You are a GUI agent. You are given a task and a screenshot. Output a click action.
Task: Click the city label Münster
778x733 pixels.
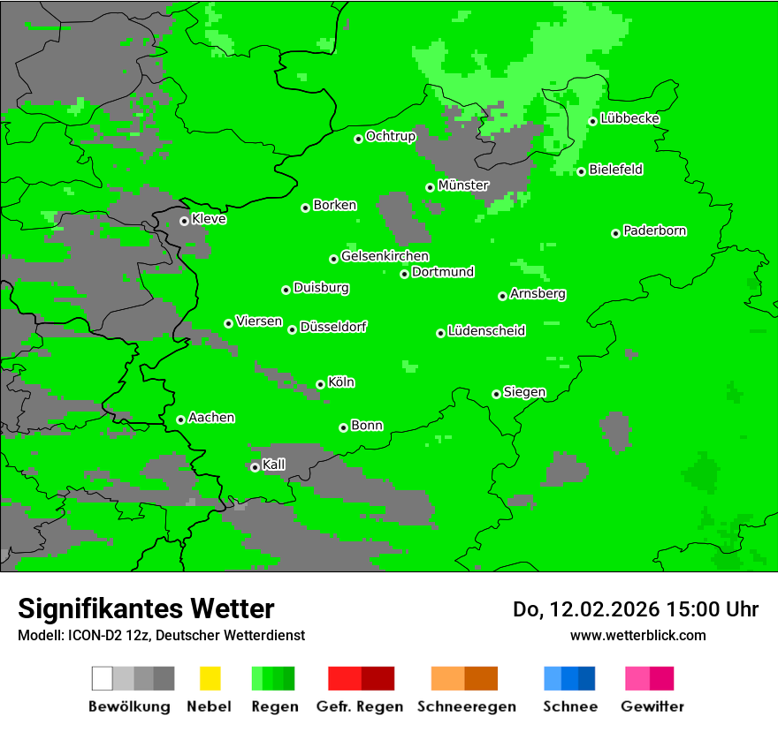point(463,185)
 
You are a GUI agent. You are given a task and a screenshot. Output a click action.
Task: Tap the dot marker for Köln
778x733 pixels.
point(320,384)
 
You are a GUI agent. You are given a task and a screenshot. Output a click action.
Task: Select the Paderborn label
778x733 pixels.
point(655,231)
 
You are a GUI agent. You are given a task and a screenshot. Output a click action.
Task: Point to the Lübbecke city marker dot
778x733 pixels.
point(592,121)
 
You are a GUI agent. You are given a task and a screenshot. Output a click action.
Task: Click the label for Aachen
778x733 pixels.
point(211,418)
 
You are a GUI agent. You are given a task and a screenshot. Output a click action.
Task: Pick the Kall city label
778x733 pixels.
point(274,465)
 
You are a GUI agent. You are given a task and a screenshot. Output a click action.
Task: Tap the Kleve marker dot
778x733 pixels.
point(184,221)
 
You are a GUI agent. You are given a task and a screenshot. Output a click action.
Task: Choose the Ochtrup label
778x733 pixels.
point(391,137)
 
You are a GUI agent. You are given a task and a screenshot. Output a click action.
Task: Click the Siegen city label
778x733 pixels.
point(524,392)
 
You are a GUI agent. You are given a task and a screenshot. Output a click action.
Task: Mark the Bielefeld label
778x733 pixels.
point(616,170)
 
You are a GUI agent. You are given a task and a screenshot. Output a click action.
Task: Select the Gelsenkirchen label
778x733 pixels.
point(385,257)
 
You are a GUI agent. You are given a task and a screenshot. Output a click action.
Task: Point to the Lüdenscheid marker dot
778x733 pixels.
point(440,333)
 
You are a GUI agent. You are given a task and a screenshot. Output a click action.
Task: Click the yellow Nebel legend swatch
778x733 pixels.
point(210,678)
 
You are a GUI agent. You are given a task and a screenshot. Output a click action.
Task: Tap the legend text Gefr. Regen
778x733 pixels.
point(360,707)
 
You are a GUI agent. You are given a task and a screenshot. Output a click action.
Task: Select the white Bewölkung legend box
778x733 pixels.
point(103,678)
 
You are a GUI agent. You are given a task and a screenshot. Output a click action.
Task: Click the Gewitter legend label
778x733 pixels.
point(652,707)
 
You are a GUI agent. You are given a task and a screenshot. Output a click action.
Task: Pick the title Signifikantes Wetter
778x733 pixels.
point(146,609)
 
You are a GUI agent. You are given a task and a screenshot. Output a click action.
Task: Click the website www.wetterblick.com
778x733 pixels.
point(637,635)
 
